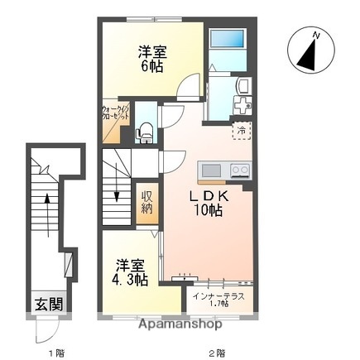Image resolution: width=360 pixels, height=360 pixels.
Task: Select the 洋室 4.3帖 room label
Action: coord(132,272)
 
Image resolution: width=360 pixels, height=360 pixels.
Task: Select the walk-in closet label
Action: coord(115,112)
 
